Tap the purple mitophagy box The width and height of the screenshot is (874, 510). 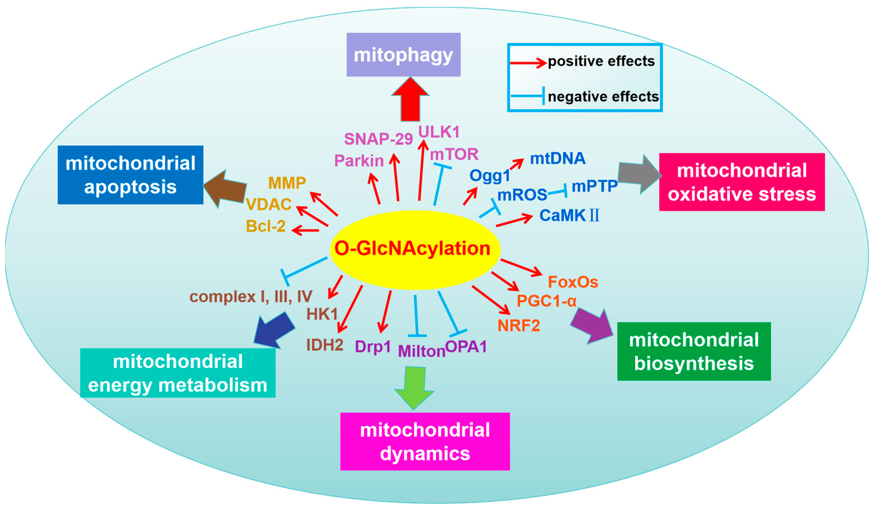403,55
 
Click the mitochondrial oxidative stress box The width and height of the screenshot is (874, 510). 742,182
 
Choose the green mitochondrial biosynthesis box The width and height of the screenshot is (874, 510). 694,351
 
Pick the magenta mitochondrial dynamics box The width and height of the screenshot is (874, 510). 425,441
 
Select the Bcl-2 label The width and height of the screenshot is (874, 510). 266,226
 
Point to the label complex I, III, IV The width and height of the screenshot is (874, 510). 250,297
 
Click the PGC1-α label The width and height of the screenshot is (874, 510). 546,301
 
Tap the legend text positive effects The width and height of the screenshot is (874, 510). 601,61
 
